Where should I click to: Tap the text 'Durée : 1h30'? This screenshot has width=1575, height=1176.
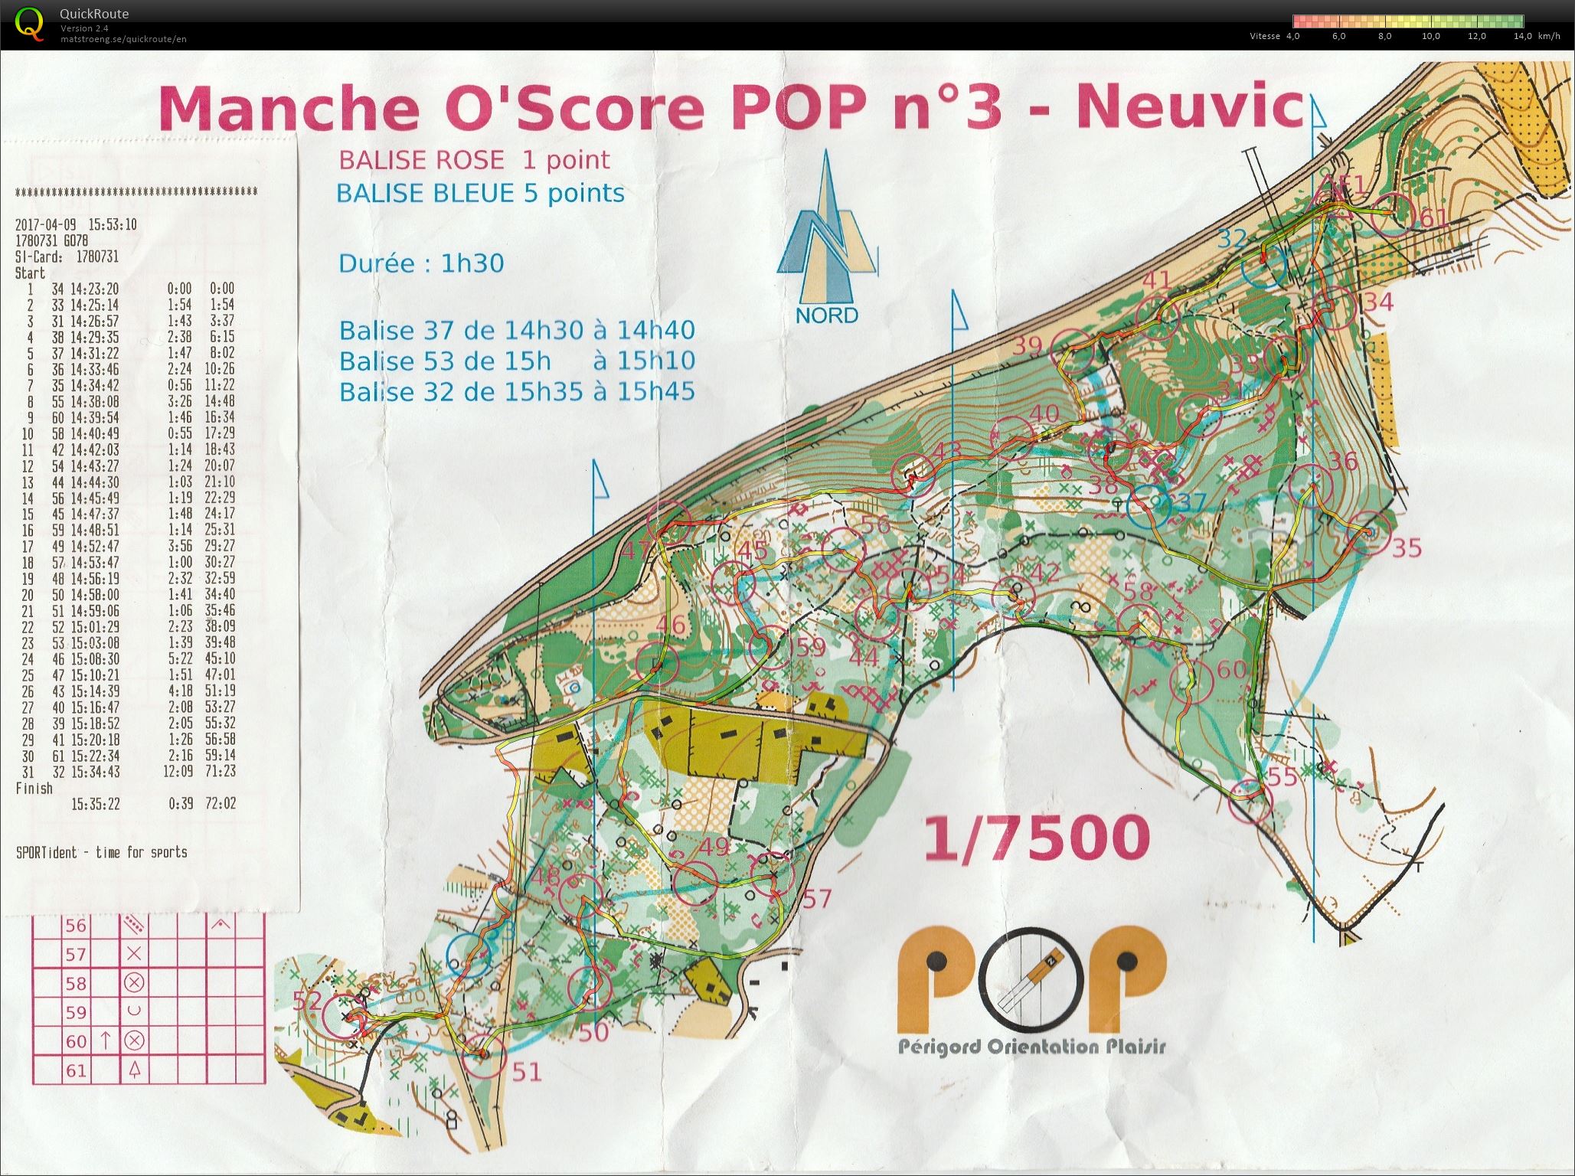point(421,263)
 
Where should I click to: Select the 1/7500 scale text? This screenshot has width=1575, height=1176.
point(1037,838)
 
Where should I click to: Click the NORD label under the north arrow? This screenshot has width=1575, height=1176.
point(826,315)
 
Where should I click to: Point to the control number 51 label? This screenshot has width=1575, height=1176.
point(527,1072)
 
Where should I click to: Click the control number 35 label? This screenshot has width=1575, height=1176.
point(1407,547)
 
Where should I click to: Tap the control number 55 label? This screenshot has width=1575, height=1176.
point(1283,776)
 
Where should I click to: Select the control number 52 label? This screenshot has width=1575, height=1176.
point(307,1001)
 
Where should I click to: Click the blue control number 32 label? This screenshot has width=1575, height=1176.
point(1233,238)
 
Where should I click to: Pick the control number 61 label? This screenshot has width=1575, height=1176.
point(1433,219)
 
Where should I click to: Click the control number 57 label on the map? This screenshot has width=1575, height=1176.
point(816,898)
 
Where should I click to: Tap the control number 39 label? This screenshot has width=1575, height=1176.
point(1028,345)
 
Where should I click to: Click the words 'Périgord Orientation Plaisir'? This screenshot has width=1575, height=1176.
point(1031,1046)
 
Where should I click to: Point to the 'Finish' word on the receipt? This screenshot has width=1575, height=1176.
point(34,788)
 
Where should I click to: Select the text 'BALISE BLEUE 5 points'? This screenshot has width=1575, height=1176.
point(480,193)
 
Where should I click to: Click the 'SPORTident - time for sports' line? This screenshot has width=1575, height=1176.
point(101,852)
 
